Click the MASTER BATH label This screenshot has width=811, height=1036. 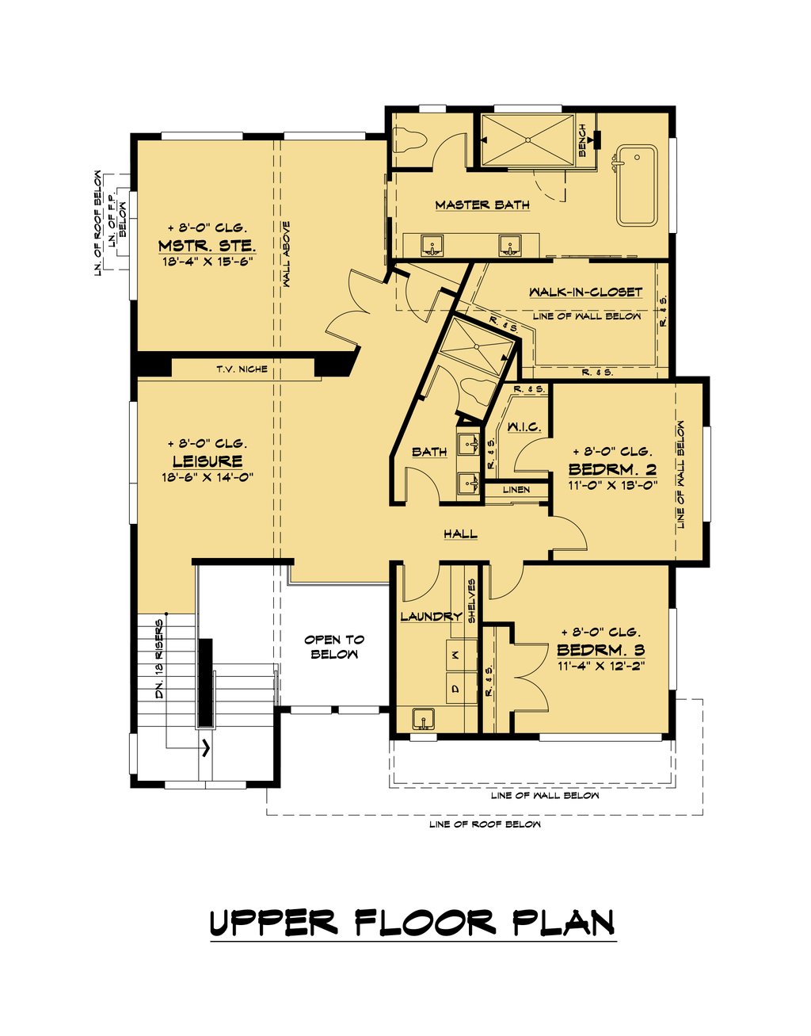coord(482,205)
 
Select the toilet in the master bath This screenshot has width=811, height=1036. coord(410,143)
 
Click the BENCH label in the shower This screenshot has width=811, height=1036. coord(583,140)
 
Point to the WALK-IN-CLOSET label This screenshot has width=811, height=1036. coord(585,292)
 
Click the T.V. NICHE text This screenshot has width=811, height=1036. coord(242,369)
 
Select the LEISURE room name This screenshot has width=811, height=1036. coord(207,461)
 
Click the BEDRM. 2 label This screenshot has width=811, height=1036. coord(612,469)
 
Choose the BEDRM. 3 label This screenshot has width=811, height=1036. coord(600,650)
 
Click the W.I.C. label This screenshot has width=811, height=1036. coord(524,427)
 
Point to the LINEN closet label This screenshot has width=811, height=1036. coord(516,490)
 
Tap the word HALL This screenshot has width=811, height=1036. coord(460,534)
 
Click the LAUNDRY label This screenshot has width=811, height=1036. coord(430,616)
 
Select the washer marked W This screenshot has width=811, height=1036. coord(455,655)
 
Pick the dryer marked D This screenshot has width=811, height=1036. coord(455,688)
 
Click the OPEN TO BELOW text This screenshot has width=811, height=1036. coord(334,647)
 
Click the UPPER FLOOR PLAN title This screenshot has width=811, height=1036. coord(413,923)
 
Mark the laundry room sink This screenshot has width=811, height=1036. coord(425,719)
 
